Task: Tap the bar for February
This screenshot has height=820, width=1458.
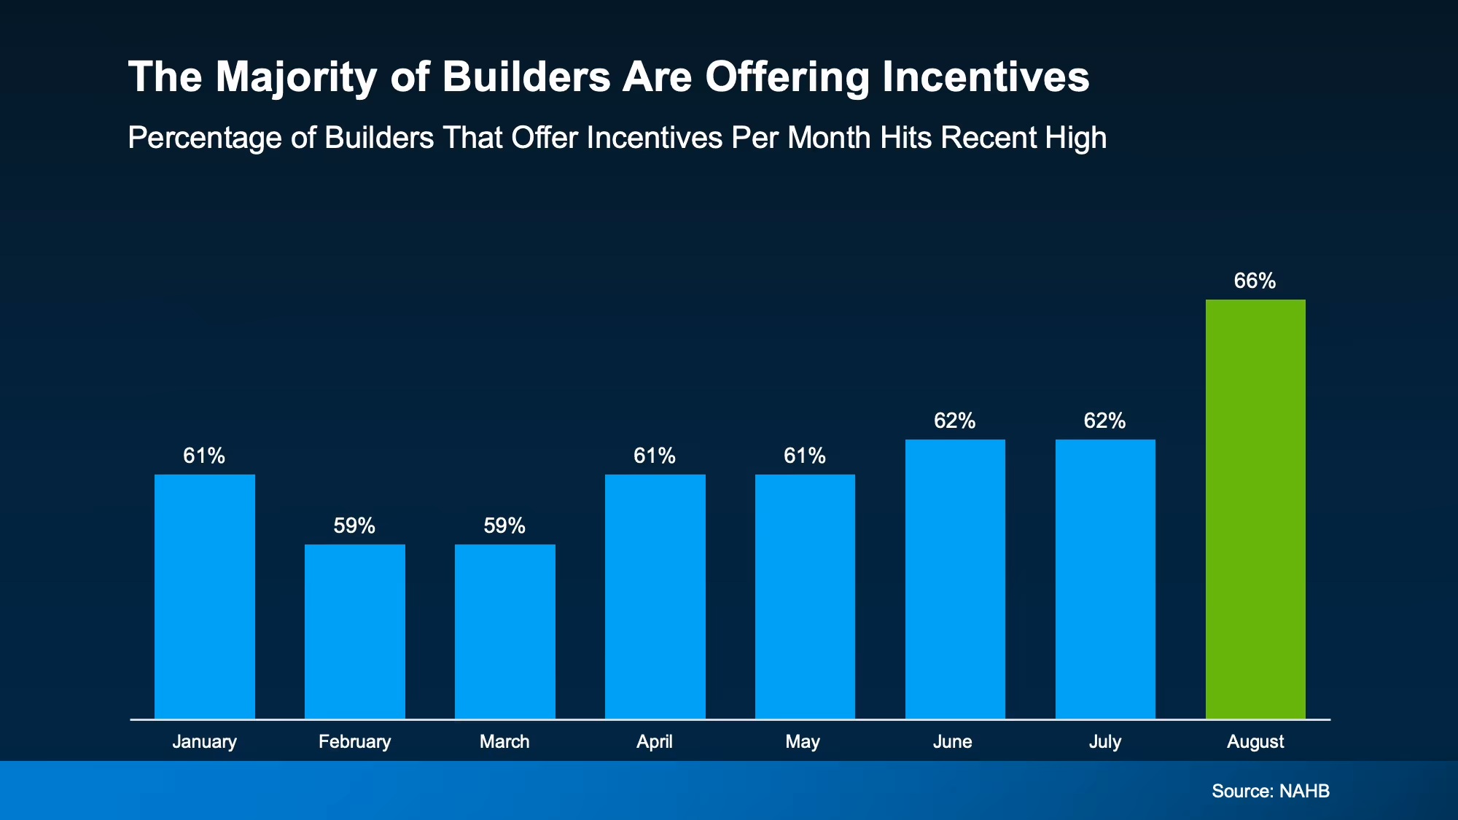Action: (355, 631)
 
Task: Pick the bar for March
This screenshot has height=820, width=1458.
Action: (505, 631)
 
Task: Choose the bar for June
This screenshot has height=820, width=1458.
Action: (955, 579)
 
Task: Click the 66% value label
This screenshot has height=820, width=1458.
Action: (1255, 281)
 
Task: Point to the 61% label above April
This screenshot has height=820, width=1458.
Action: (655, 456)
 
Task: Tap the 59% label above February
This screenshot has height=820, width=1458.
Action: (354, 526)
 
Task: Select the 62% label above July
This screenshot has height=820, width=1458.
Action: (1104, 421)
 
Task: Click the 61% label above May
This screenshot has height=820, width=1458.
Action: (805, 456)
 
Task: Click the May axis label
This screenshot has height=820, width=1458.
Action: (803, 742)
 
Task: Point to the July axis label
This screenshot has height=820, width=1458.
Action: (1104, 742)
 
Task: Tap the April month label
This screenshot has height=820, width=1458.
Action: (655, 742)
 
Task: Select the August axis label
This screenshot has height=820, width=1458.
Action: (1255, 742)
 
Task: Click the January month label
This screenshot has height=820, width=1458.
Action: (205, 742)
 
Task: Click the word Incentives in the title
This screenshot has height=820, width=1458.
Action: (986, 77)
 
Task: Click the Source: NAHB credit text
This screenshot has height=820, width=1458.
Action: (1271, 792)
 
